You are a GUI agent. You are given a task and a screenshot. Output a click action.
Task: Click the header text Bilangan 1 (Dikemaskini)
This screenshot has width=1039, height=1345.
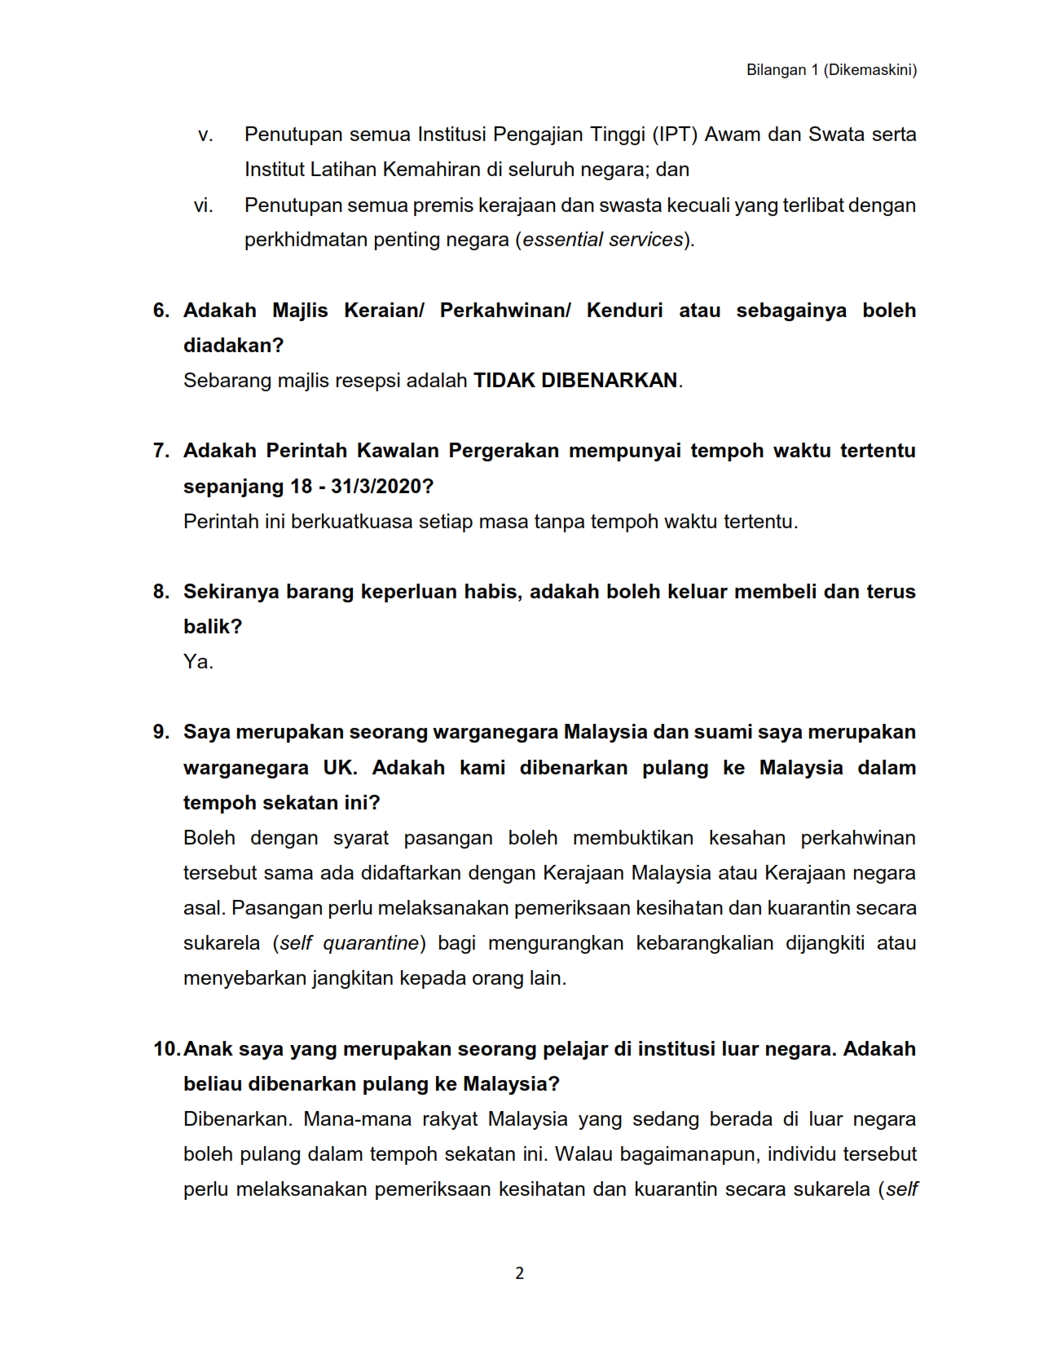[x=831, y=70]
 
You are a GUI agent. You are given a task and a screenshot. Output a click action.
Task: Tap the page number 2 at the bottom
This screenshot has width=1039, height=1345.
[x=520, y=1273]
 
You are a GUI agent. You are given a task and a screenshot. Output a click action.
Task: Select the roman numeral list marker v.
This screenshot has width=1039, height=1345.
[x=205, y=134]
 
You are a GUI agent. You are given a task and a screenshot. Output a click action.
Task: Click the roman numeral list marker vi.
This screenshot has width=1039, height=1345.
[x=203, y=205]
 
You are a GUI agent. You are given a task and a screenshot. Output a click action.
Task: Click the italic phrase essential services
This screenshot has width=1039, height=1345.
[x=602, y=240]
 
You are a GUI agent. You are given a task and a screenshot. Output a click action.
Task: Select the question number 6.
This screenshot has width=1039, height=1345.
[x=161, y=311]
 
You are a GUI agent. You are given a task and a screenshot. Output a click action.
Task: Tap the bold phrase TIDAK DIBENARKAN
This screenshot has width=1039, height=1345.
[x=575, y=381]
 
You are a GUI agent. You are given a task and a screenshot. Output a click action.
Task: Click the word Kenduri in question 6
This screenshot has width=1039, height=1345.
[x=624, y=311]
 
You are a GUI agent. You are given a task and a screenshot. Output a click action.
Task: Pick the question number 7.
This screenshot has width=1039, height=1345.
[x=161, y=451]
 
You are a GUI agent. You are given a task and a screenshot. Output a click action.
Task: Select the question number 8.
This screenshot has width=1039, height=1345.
[x=161, y=592]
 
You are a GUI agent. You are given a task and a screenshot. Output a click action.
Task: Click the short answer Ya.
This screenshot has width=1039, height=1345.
[x=198, y=662]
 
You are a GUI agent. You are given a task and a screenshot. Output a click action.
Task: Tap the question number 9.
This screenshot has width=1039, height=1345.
[x=161, y=732]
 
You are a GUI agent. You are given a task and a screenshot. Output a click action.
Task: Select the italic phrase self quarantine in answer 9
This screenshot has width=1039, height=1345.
[x=349, y=943]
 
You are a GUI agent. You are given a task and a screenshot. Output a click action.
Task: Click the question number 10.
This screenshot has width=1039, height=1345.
[x=166, y=1049]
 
